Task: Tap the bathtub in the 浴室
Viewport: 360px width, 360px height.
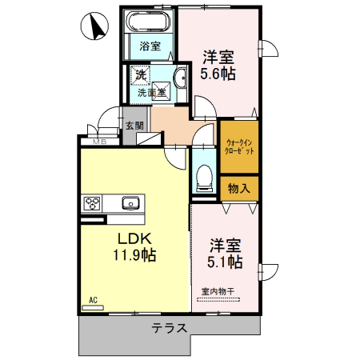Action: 149,21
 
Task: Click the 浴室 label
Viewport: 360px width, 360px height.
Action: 149,46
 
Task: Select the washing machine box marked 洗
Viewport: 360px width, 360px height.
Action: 141,76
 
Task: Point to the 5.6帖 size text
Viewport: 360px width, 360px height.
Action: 217,74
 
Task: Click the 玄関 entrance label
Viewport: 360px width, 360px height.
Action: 134,126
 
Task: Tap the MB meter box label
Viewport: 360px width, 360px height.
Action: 99,142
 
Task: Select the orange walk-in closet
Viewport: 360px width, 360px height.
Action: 239,146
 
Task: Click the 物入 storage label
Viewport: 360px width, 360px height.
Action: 239,189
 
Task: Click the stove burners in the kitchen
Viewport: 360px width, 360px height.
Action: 91,203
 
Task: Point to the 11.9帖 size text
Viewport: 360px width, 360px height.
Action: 134,256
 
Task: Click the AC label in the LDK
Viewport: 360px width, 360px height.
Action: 93,302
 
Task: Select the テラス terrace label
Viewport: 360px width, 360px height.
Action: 170,328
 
